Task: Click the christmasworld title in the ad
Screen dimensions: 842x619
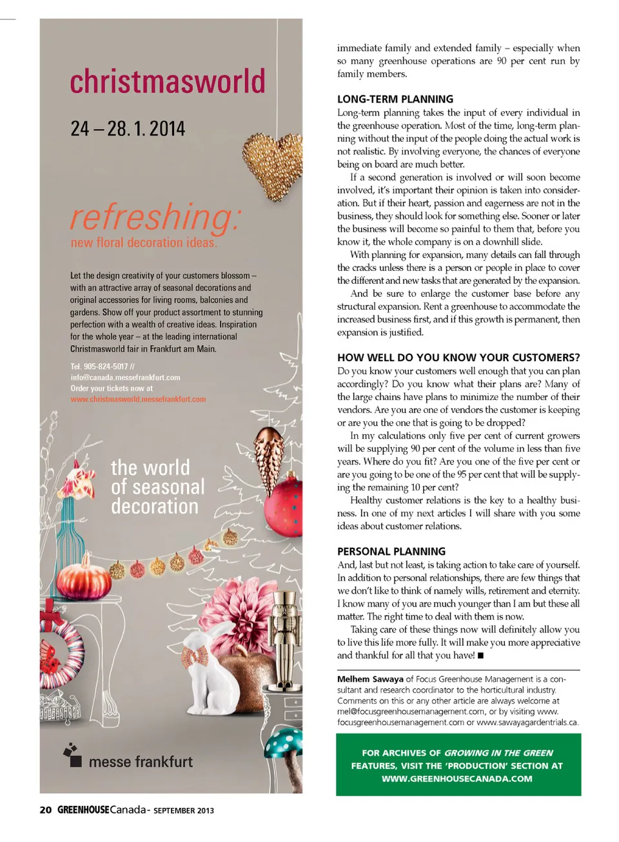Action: click(x=168, y=82)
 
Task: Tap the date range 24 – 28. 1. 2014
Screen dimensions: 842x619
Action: click(x=128, y=129)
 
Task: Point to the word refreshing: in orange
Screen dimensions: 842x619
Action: click(x=155, y=217)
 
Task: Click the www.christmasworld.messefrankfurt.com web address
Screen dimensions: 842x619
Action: click(x=138, y=399)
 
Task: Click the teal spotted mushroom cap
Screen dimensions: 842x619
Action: click(x=284, y=742)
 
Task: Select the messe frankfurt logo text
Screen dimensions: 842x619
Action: click(x=141, y=762)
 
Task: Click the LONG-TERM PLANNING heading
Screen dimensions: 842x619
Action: click(x=395, y=99)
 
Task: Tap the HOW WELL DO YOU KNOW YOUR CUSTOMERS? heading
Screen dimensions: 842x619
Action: click(x=458, y=357)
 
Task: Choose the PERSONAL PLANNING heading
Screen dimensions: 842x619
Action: click(x=391, y=552)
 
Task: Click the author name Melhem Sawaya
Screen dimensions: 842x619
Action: click(x=370, y=679)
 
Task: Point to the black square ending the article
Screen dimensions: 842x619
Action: click(x=480, y=656)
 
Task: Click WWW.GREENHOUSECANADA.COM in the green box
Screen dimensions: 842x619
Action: click(x=457, y=779)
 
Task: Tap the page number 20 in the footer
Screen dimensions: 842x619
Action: click(x=46, y=810)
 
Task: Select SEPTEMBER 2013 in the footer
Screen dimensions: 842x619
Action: click(x=184, y=810)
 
